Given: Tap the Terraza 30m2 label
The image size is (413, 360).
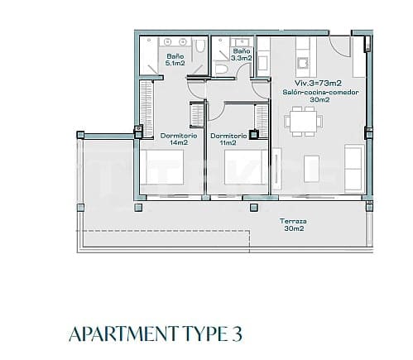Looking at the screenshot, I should tap(293, 225).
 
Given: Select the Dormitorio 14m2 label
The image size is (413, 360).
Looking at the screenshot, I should tap(177, 138).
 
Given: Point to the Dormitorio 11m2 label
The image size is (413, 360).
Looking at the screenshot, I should tap(228, 138).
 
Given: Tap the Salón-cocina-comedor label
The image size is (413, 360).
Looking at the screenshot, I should tap(319, 93).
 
